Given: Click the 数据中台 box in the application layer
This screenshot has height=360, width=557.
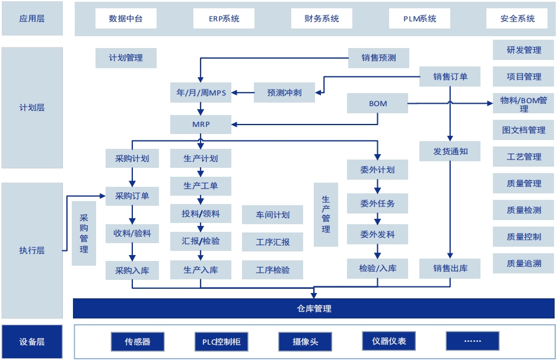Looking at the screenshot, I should (126, 18).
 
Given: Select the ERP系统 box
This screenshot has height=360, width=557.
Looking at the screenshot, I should (224, 18).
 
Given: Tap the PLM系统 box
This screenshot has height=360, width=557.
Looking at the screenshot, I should (420, 18).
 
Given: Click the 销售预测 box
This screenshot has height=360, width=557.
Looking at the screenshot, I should (378, 58).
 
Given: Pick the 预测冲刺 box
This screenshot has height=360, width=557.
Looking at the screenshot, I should (284, 93).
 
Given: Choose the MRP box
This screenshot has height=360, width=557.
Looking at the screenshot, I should (200, 125).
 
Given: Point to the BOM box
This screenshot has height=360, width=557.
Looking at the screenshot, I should (378, 104).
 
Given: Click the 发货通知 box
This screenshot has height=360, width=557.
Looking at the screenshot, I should (450, 151).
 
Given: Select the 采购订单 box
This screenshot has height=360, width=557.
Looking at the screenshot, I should (132, 196).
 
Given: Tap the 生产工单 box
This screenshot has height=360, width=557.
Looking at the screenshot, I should (200, 186).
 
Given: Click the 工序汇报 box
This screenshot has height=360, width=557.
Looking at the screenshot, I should (273, 242).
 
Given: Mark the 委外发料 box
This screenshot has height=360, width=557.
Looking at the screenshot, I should (377, 234).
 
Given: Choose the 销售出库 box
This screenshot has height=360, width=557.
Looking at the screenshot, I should (450, 268).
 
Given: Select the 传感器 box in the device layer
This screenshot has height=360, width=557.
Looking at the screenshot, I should (138, 342).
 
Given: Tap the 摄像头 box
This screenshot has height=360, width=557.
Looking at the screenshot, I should (305, 342).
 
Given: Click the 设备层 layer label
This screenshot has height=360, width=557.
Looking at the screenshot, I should (32, 342).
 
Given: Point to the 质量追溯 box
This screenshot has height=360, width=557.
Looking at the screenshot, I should (524, 263).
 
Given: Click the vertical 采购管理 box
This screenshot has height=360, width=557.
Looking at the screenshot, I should (84, 233).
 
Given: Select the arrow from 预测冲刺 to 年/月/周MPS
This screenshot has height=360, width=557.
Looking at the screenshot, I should (243, 93).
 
